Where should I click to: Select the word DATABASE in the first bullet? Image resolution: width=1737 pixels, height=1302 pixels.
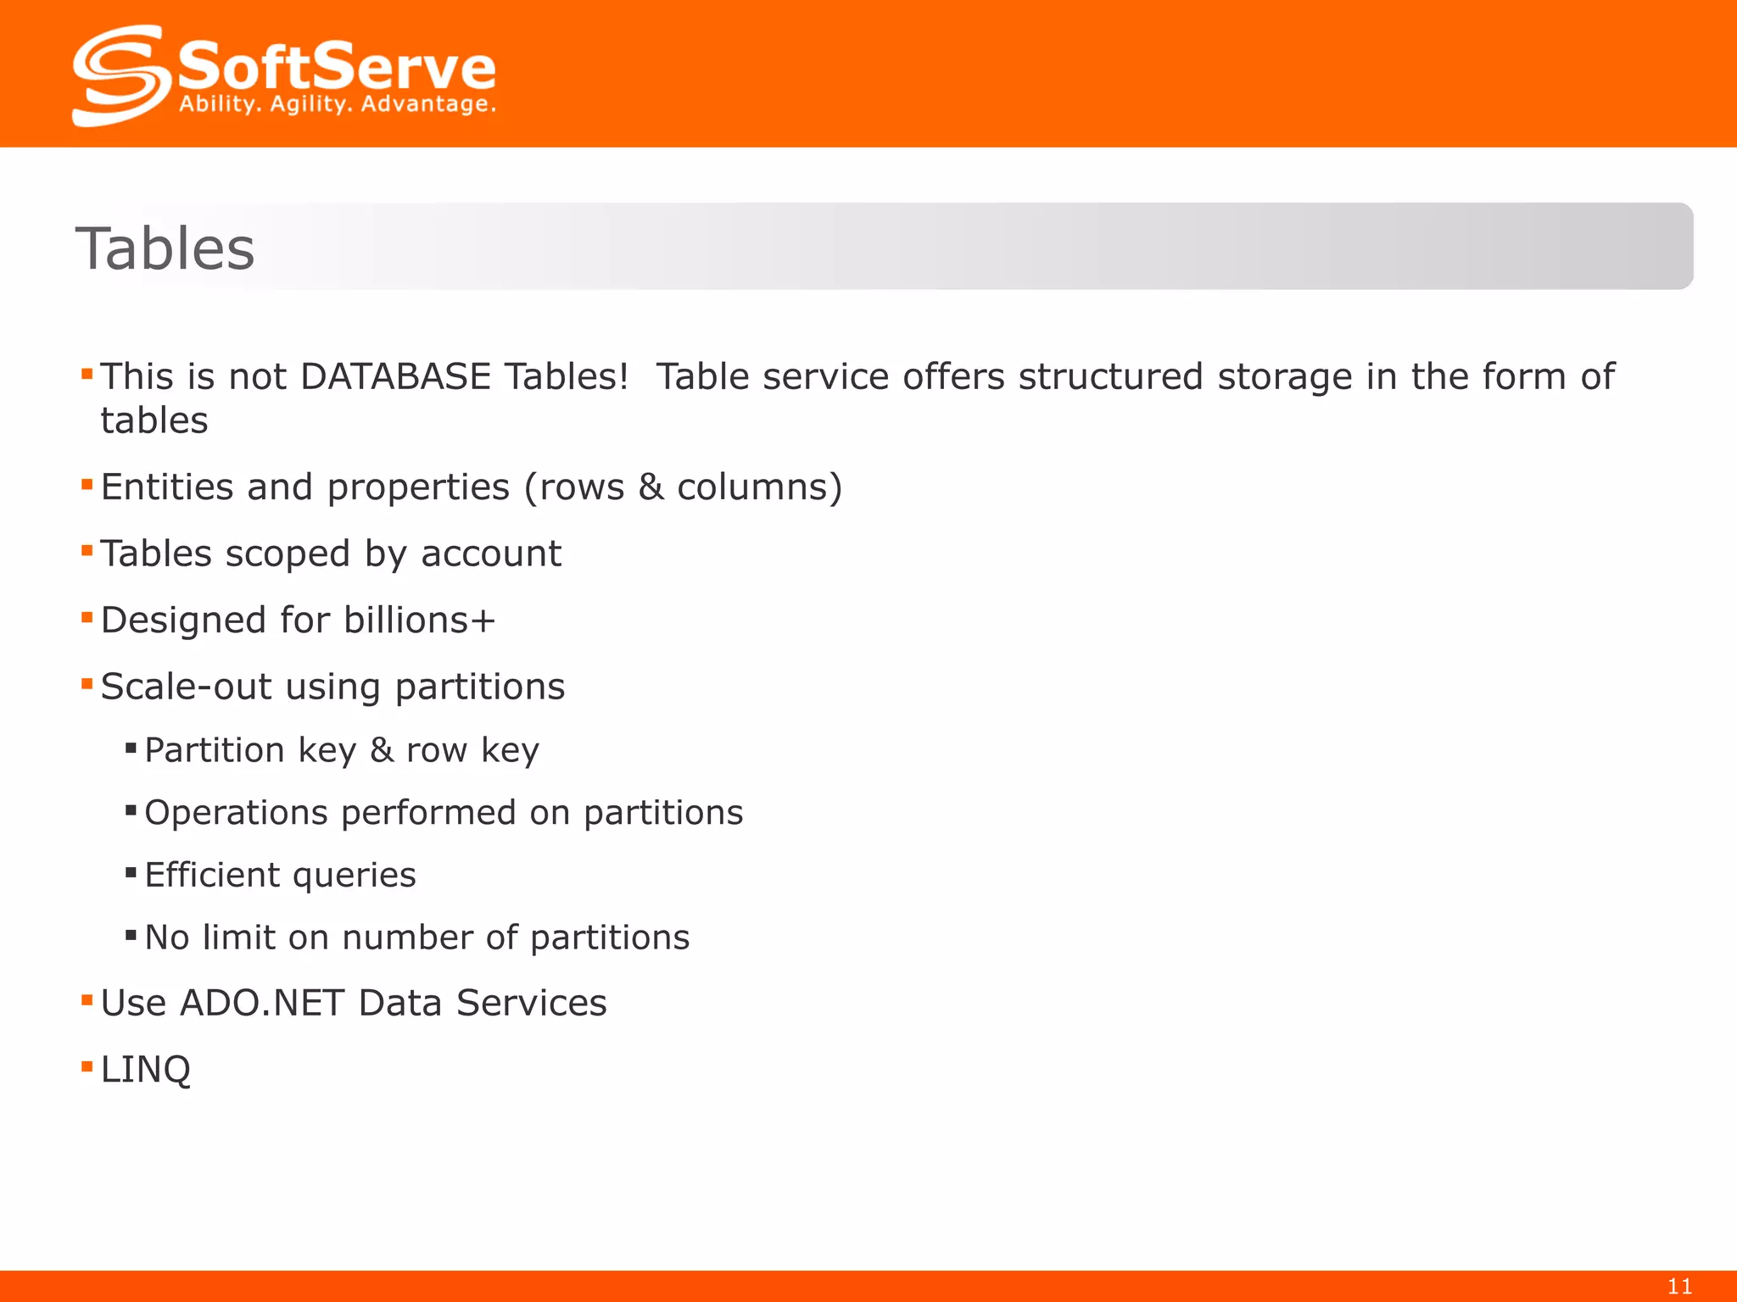click(x=395, y=376)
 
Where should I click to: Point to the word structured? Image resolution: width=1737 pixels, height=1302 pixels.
click(x=1110, y=376)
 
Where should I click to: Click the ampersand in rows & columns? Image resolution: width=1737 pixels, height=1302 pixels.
click(x=651, y=487)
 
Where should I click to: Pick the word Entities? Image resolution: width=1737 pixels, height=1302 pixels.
click(x=167, y=487)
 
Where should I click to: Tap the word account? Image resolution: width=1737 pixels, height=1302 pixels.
click(x=491, y=554)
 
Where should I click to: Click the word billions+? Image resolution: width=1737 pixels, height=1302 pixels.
click(x=420, y=620)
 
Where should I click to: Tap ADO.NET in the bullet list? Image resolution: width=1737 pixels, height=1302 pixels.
click(x=262, y=1004)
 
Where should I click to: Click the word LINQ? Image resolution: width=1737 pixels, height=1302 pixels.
click(x=146, y=1070)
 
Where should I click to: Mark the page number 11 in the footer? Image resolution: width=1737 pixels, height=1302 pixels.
click(x=1679, y=1287)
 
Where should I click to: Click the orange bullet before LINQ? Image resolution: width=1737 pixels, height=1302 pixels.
click(x=87, y=1066)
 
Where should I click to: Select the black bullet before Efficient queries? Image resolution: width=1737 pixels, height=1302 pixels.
click(x=131, y=872)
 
